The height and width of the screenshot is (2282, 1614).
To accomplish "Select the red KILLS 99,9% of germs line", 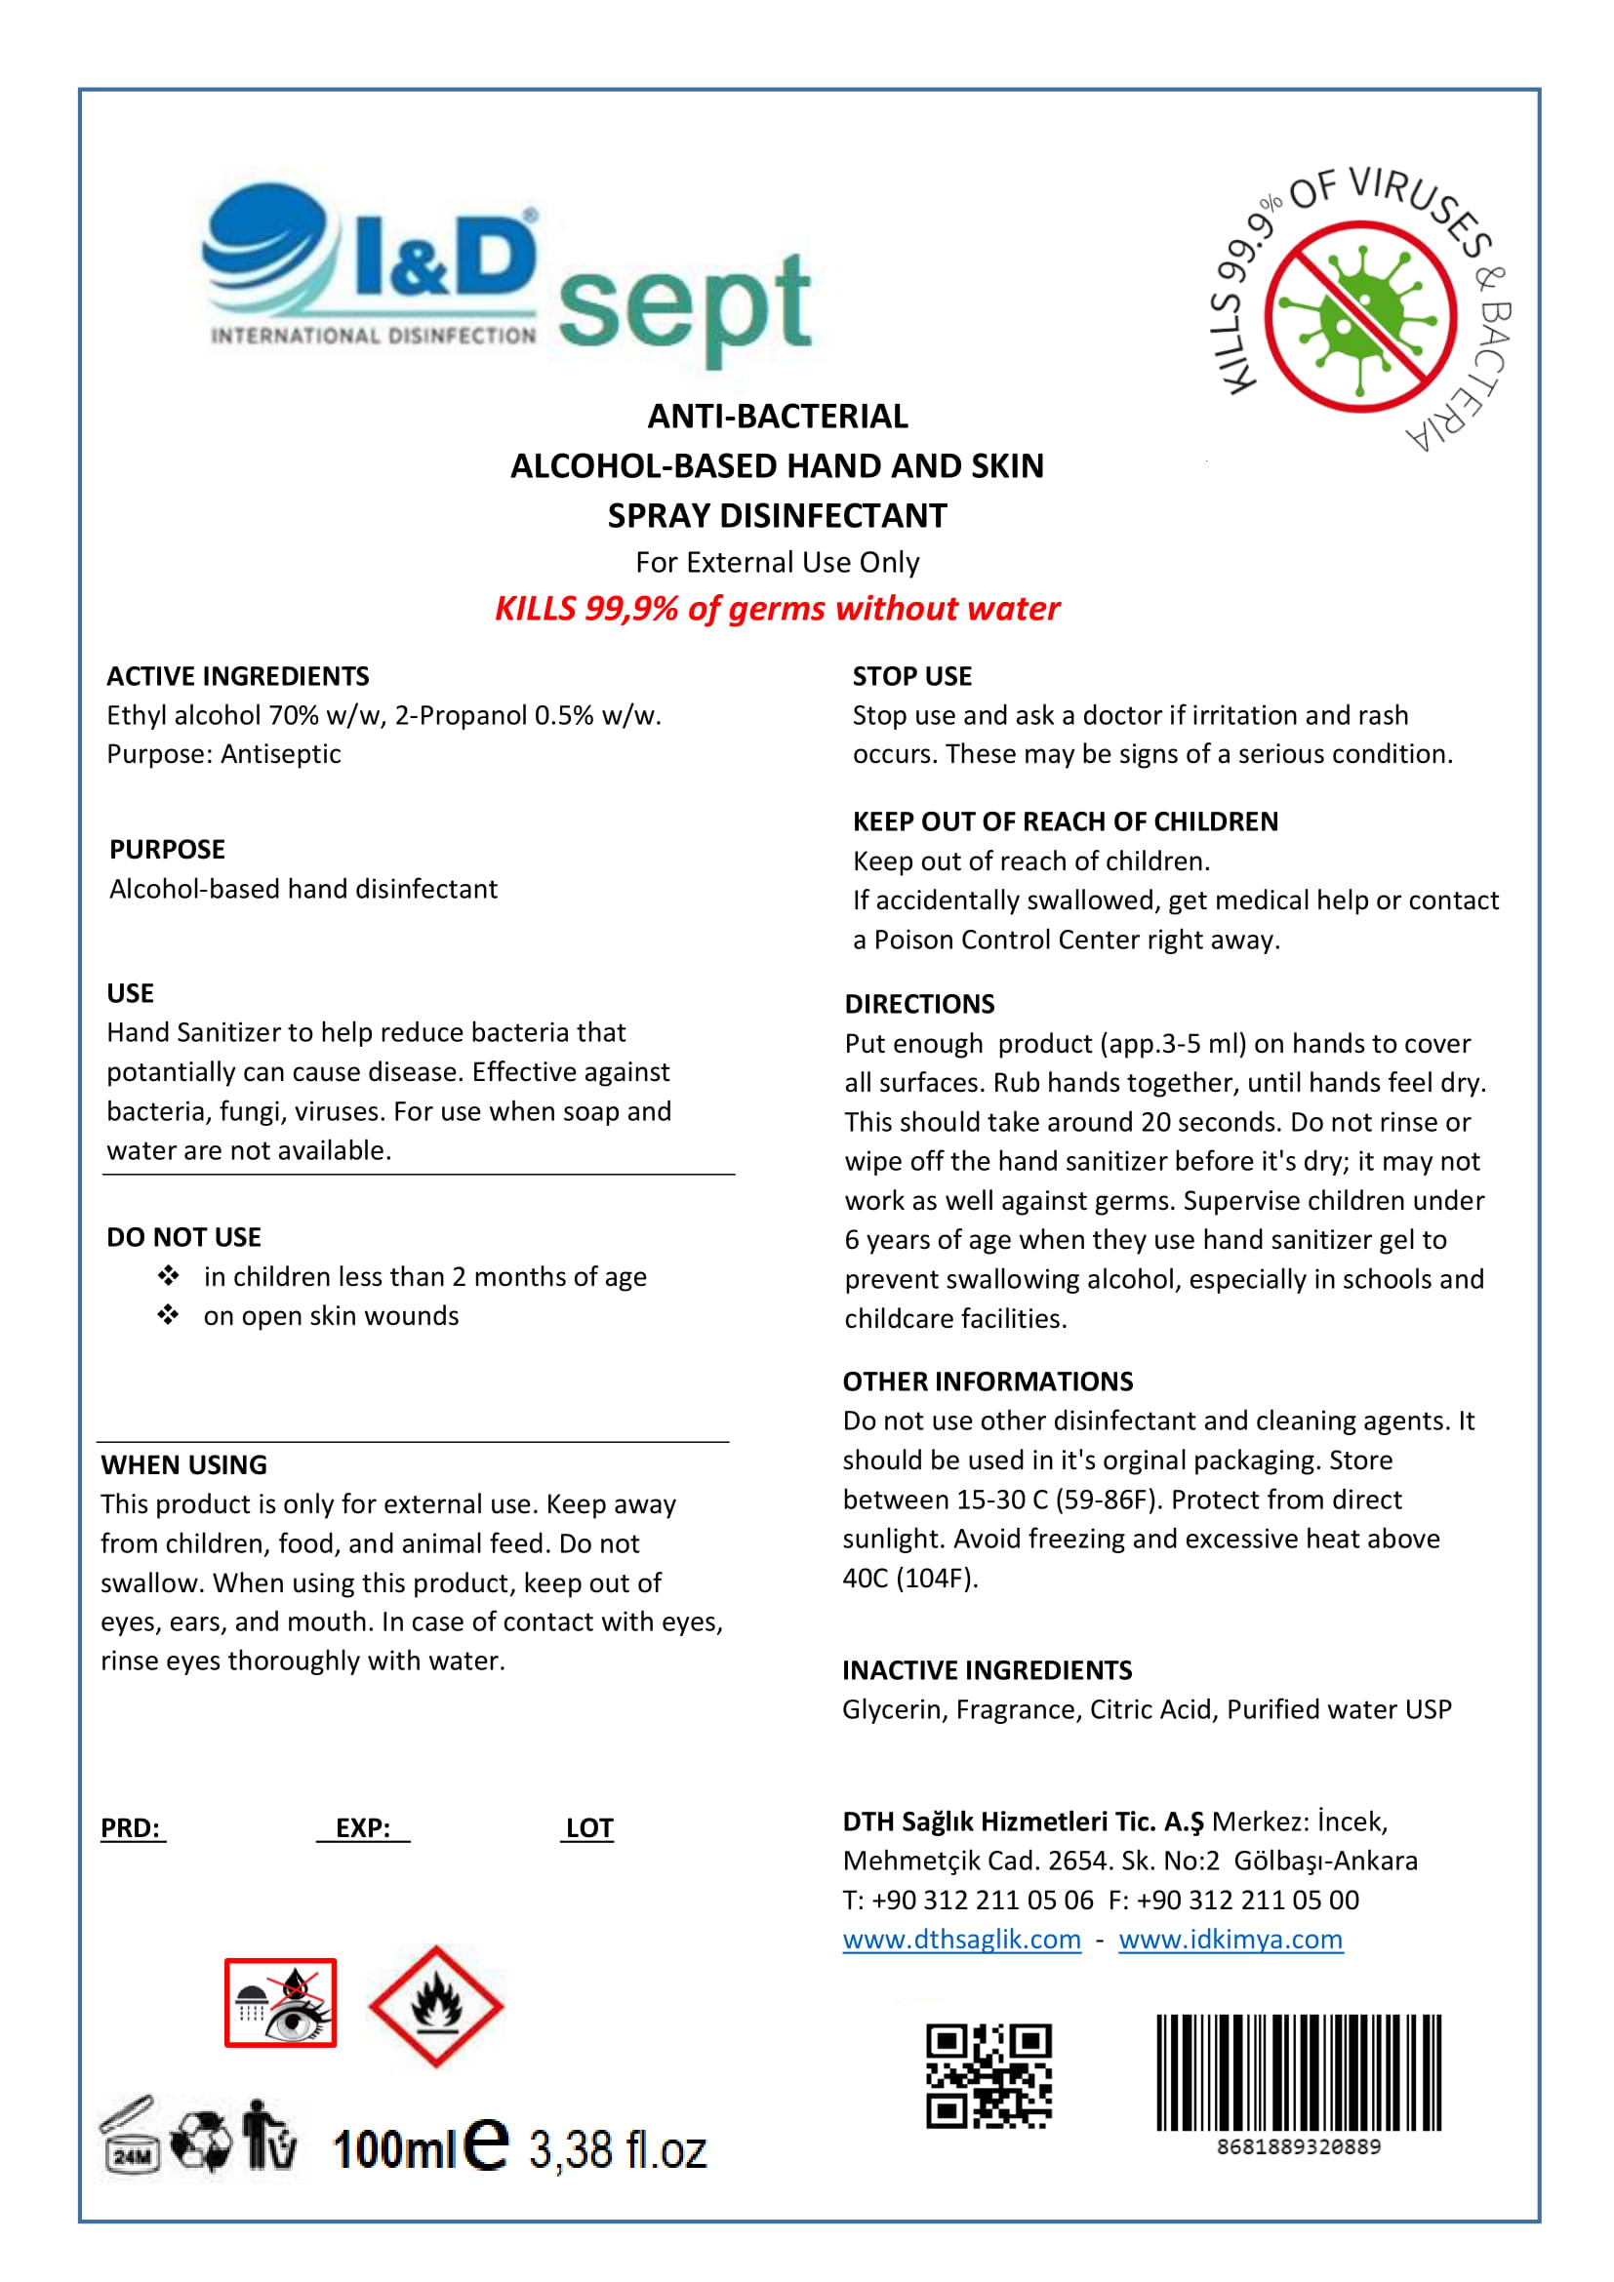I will [x=777, y=608].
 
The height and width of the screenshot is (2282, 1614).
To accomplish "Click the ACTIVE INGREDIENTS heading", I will [x=237, y=676].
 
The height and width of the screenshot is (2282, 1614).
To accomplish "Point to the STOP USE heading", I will [x=911, y=676].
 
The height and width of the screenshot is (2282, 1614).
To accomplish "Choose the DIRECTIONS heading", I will [x=919, y=1004].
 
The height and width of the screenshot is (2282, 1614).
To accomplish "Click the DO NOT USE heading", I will [x=183, y=1236].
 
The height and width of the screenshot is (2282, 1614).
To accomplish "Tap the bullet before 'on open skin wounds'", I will [x=168, y=1315].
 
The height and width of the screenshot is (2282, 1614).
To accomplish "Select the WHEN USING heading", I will [x=183, y=1464].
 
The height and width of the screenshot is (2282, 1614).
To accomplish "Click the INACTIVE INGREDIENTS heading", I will [x=987, y=1669].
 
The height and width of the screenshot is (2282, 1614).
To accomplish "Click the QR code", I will [x=988, y=2076].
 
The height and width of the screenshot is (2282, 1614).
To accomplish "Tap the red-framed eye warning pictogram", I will [x=280, y=2003].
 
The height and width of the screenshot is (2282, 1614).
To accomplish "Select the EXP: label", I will [x=363, y=1827].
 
